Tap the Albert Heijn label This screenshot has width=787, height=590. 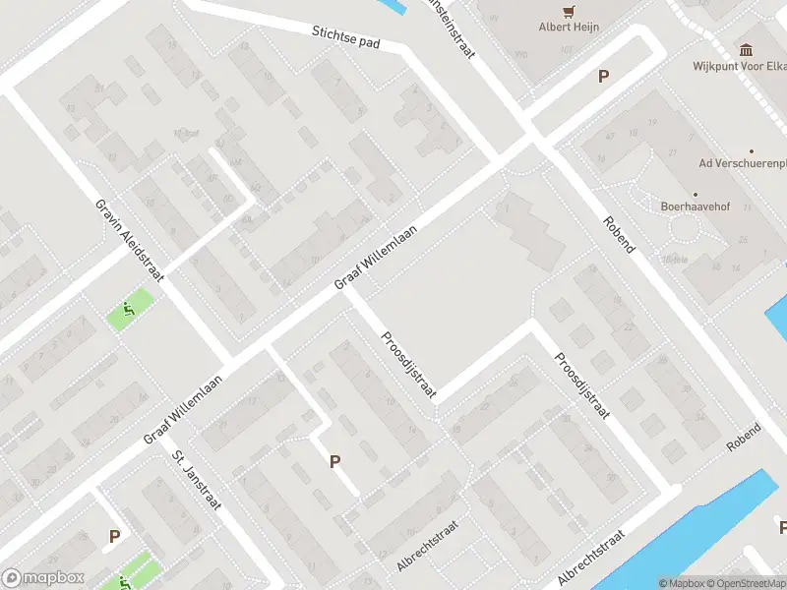[569, 28]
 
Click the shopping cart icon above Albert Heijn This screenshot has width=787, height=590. [569, 10]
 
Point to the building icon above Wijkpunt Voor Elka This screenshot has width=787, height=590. [746, 50]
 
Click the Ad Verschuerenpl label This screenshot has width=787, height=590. [744, 163]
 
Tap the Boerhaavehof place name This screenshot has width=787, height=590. [696, 207]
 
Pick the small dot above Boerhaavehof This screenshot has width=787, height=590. [696, 193]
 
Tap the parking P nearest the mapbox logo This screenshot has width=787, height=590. [114, 537]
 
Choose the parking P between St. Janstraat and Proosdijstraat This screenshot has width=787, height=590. [334, 460]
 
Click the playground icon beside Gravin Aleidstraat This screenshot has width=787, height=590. [129, 312]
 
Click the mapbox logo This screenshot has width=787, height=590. [43, 578]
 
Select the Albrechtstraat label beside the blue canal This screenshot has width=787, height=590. [591, 558]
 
